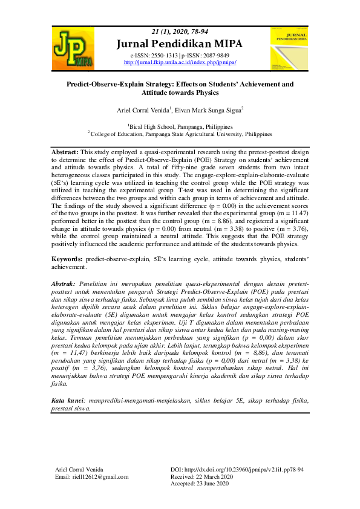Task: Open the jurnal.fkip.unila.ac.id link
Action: pos(180,62)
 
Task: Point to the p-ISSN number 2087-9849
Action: pos(211,55)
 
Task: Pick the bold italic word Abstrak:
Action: pos(64,284)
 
